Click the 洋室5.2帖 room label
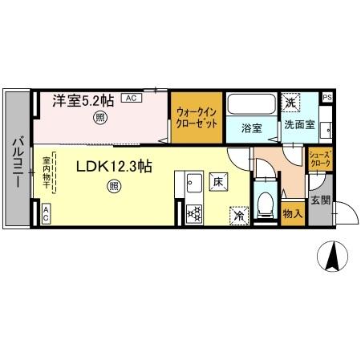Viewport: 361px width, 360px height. click(x=83, y=102)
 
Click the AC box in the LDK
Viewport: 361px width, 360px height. click(x=46, y=213)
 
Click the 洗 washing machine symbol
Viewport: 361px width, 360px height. click(x=290, y=103)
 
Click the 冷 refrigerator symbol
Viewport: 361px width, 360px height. click(x=238, y=215)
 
